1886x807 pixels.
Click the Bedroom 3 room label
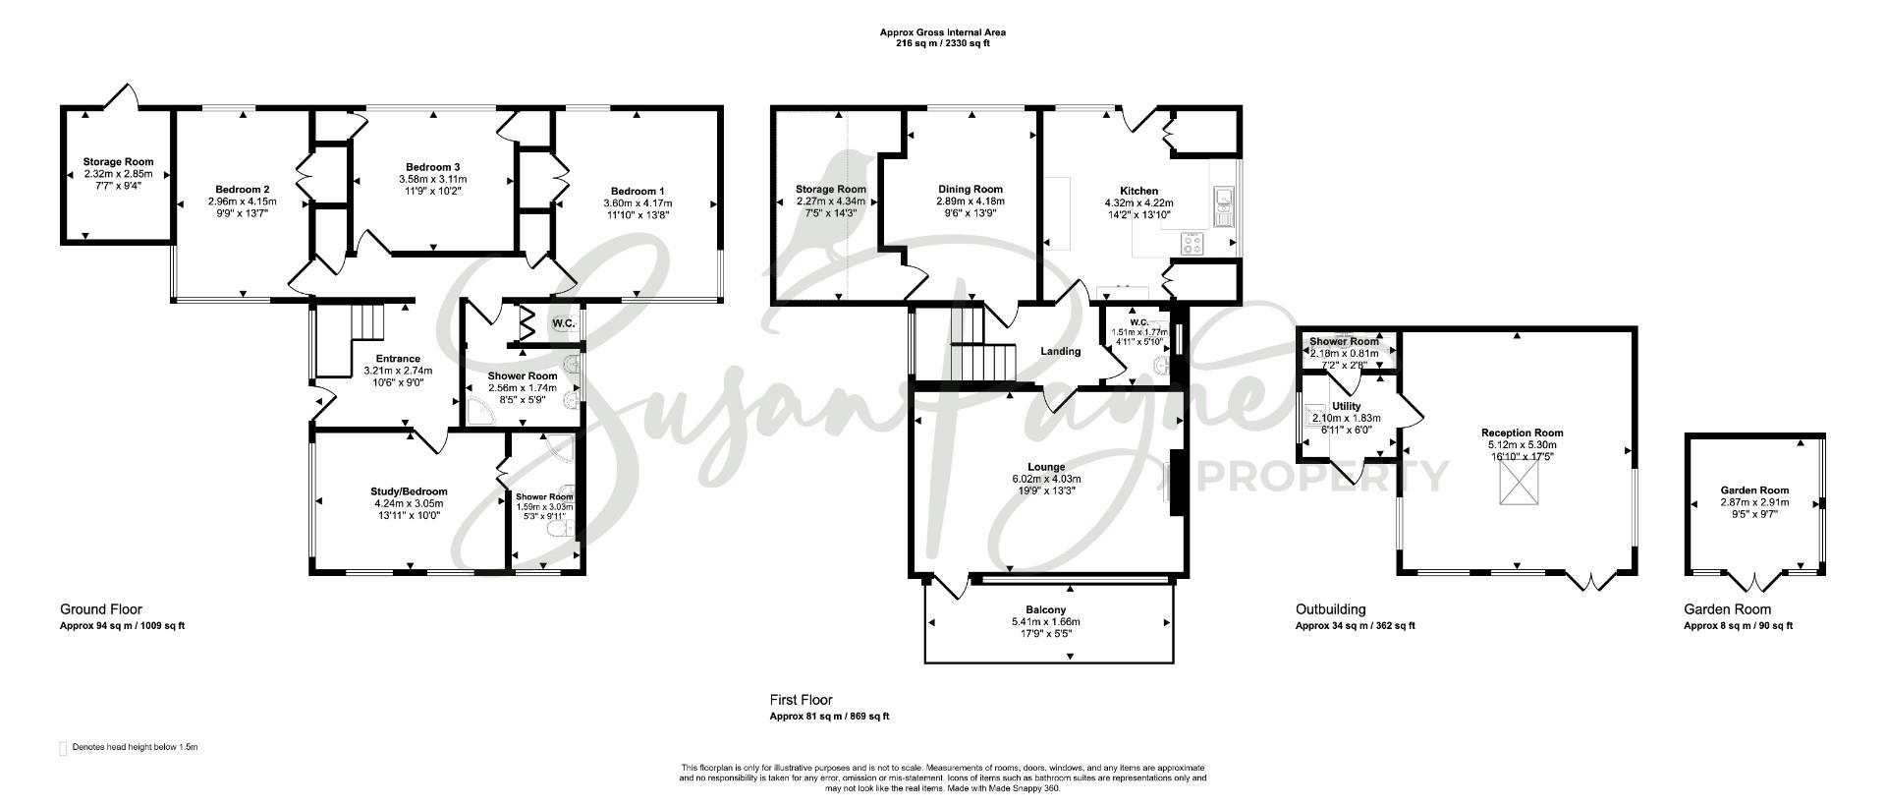click(432, 167)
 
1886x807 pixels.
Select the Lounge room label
click(1046, 467)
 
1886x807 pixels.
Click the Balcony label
click(1046, 609)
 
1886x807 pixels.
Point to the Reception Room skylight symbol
click(1518, 484)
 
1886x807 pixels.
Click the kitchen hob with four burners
click(1192, 243)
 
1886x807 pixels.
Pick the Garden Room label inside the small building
click(1754, 490)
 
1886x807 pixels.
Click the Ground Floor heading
click(101, 609)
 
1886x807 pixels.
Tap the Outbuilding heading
click(1330, 609)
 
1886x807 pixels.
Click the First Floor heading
click(801, 700)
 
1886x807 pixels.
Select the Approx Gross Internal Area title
click(942, 32)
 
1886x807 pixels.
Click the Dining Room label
click(971, 189)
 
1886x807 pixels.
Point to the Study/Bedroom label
click(409, 491)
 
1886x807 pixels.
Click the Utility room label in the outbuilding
click(1346, 406)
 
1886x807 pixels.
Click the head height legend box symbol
click(64, 748)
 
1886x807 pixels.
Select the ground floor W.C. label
click(564, 322)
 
